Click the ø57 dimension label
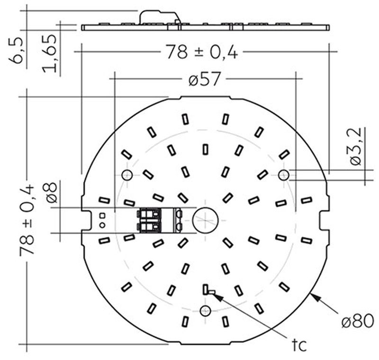coord(204,80)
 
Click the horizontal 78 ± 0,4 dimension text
coord(201,52)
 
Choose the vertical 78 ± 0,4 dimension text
coord(27,220)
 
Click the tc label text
coord(299,345)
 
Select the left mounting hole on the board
coord(127,175)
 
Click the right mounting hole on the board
coord(283,175)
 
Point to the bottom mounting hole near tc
coord(205,311)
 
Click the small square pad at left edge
coord(101,216)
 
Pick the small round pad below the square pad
coord(101,225)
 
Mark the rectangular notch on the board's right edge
coord(325,220)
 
